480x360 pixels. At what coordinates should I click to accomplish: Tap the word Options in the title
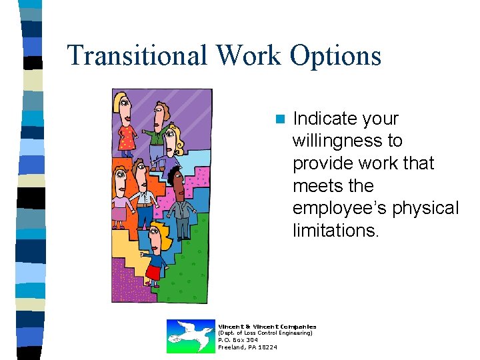pyautogui.click(x=335, y=55)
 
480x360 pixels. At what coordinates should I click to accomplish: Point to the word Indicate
pyautogui.click(x=324, y=119)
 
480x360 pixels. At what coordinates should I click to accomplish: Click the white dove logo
pyautogui.click(x=191, y=335)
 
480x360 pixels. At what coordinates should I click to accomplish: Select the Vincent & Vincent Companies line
pyautogui.click(x=267, y=326)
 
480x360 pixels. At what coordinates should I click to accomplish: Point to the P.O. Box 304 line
pyautogui.click(x=238, y=340)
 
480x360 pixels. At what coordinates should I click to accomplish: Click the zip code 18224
pyautogui.click(x=268, y=347)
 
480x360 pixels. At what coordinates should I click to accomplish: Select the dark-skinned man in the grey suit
pyautogui.click(x=179, y=200)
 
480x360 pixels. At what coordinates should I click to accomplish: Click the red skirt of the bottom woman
pyautogui.click(x=154, y=272)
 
